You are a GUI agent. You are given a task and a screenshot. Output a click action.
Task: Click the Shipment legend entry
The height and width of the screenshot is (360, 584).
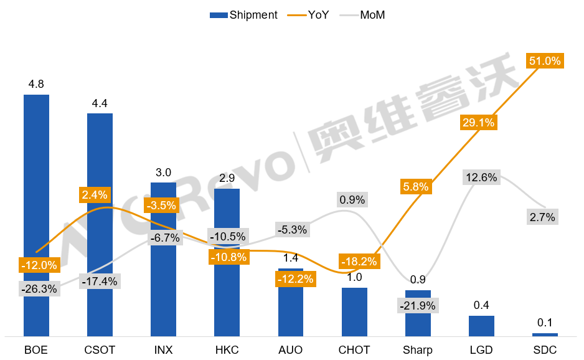tap(243, 15)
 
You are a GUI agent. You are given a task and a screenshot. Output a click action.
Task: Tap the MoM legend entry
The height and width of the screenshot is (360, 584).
tap(372, 15)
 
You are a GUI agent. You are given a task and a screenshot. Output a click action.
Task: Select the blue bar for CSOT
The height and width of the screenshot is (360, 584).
tap(100, 224)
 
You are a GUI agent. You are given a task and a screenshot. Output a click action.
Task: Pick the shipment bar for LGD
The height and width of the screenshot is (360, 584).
tap(481, 326)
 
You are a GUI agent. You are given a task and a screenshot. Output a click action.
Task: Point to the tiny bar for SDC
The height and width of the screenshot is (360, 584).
tap(545, 334)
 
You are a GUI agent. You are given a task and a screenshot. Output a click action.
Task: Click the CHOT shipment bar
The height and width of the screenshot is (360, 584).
tap(354, 311)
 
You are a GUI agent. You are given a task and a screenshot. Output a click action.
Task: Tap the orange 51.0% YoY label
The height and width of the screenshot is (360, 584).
tap(545, 61)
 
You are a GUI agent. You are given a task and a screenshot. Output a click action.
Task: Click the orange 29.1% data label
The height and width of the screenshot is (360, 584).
tap(478, 123)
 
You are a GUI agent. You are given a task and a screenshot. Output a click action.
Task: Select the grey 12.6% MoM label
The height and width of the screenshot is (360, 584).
tap(481, 178)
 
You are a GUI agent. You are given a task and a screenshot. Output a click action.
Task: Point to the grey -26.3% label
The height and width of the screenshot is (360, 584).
tap(39, 289)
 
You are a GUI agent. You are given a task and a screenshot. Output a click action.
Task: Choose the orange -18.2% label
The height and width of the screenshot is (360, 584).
tap(357, 261)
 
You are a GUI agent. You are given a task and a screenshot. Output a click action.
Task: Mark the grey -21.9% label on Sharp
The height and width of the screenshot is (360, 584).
tap(418, 306)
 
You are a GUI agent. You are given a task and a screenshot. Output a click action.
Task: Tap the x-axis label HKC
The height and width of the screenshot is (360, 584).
tap(227, 349)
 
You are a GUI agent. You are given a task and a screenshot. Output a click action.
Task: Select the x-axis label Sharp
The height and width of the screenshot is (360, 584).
tap(418, 349)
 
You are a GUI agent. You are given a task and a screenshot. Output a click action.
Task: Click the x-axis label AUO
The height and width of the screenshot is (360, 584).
tap(290, 349)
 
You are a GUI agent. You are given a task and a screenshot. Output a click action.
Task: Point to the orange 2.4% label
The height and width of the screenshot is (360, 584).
tap(95, 194)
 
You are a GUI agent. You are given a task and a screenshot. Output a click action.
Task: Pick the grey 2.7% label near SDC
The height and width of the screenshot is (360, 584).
tap(542, 217)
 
